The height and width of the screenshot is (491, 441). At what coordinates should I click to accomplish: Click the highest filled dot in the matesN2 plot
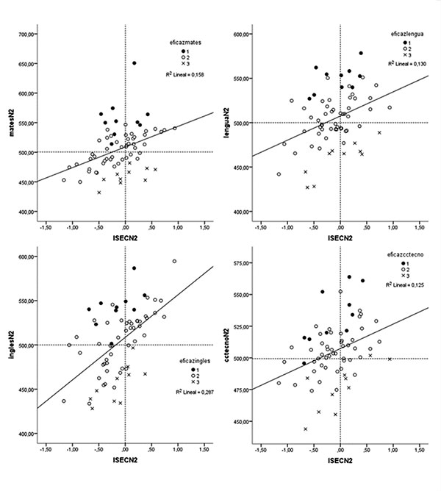coord(134,63)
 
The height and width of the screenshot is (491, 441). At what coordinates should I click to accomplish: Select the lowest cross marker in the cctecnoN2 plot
coord(305,429)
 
